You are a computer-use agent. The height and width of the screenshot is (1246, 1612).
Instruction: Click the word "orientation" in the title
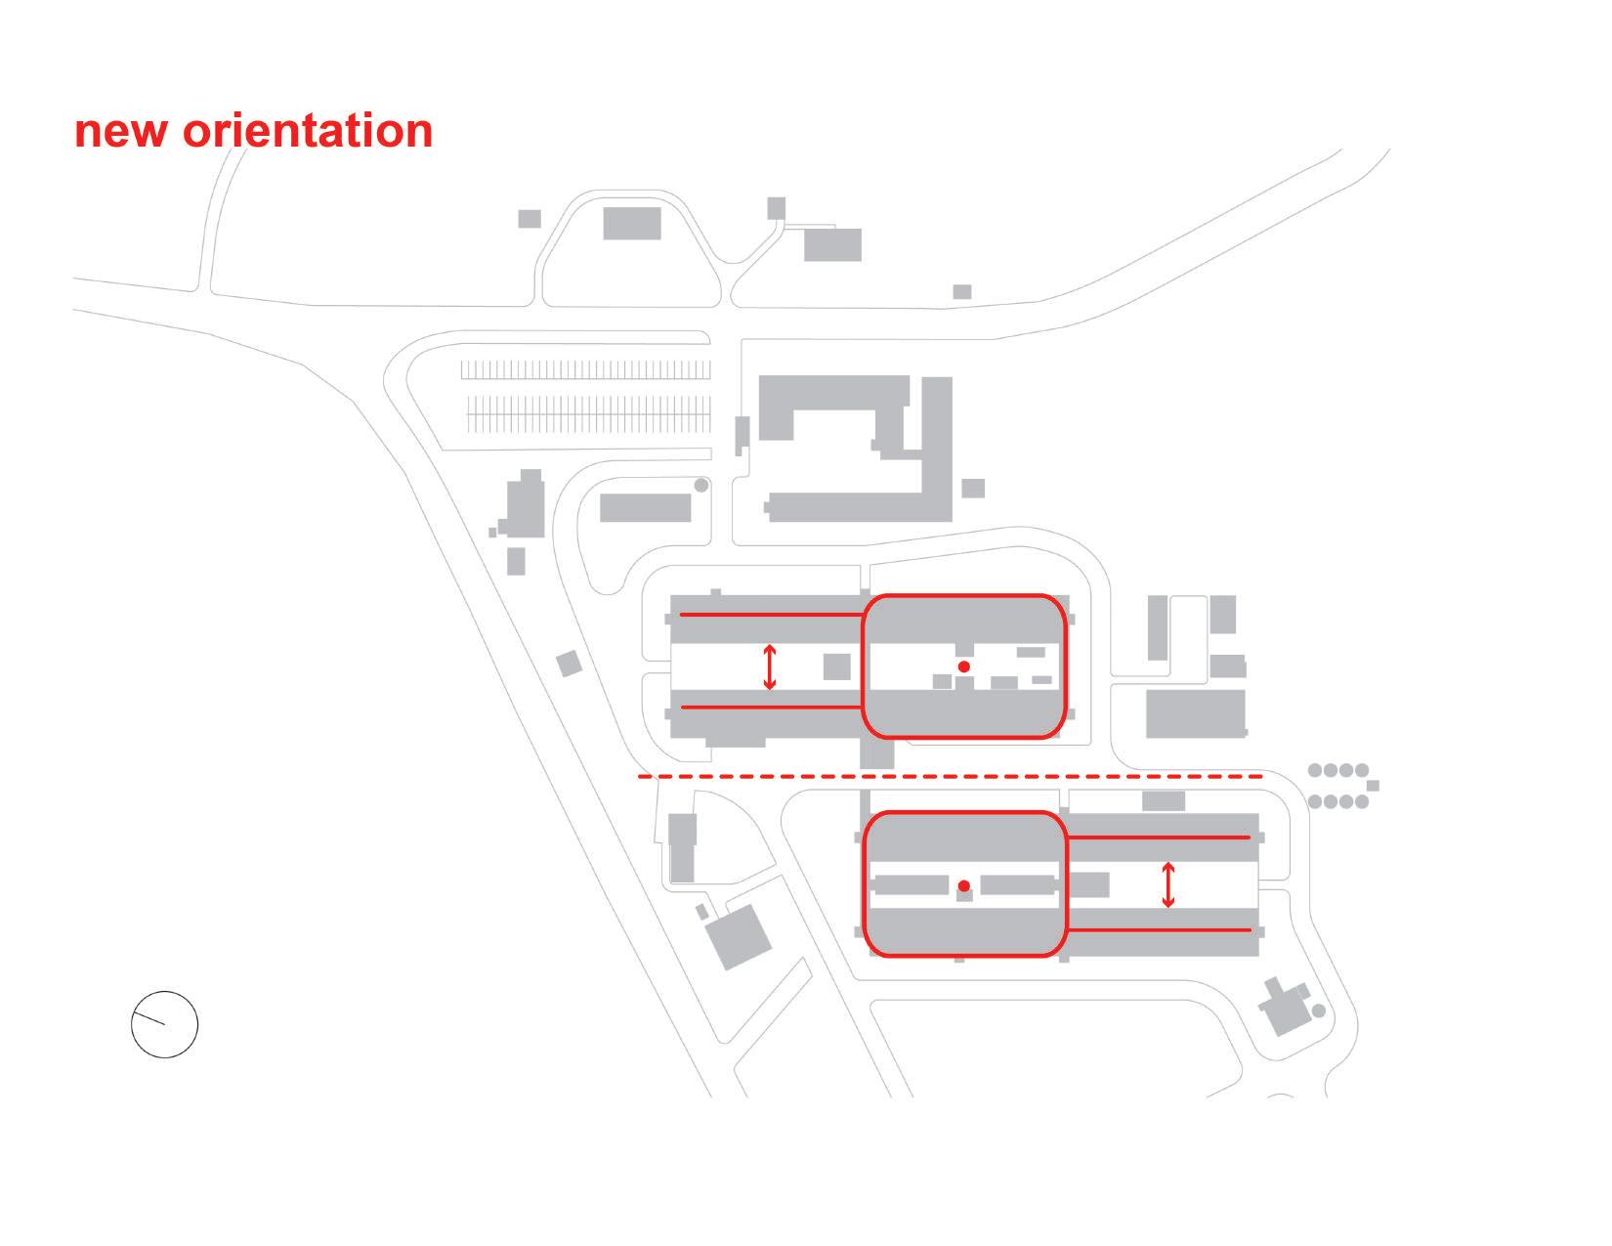point(308,131)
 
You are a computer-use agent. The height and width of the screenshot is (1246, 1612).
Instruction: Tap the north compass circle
point(164,1024)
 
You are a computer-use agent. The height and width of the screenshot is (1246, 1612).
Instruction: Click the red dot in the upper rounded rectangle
point(963,666)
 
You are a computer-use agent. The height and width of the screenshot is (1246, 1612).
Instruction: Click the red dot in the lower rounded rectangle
point(963,886)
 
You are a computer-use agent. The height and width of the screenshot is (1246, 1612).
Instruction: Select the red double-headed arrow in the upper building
point(770,666)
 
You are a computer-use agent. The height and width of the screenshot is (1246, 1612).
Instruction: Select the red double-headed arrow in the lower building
point(1167,885)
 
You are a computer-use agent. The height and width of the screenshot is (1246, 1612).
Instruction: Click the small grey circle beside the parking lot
point(700,485)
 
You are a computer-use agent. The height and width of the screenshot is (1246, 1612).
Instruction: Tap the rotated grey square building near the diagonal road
point(739,935)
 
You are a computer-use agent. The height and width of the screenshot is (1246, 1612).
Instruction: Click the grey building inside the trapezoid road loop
point(631,223)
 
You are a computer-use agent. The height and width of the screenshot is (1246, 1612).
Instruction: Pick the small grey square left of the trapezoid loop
point(529,218)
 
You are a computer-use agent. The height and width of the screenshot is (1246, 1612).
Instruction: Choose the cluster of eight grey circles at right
point(1338,786)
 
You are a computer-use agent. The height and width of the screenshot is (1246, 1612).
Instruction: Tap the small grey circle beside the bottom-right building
point(1318,1010)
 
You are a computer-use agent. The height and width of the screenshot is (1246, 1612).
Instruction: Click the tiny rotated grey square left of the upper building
point(569,665)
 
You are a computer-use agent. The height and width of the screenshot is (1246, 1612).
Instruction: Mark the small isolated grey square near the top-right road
point(961,291)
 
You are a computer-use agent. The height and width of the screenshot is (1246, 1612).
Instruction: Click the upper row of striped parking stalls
point(585,369)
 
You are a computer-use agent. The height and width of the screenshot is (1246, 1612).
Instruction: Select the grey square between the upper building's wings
point(836,666)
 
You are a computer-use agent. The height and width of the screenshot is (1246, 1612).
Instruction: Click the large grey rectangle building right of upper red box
point(1195,713)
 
